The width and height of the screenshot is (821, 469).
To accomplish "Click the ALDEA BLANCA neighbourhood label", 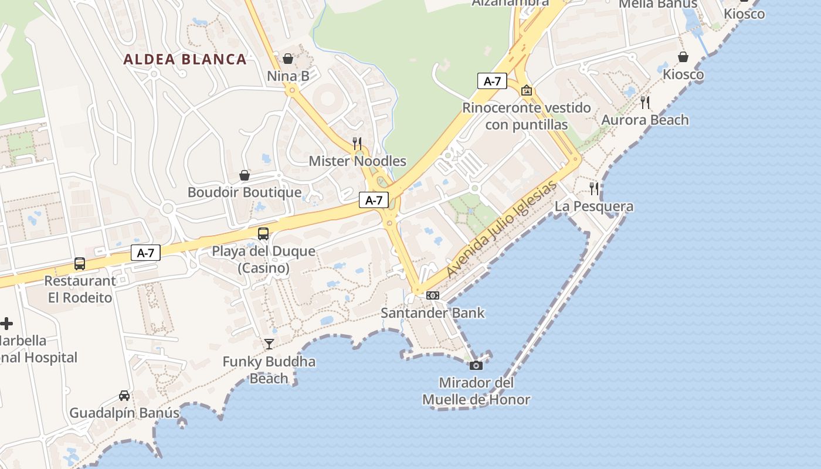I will tap(185, 59).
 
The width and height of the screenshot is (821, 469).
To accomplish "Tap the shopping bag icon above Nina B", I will tap(288, 59).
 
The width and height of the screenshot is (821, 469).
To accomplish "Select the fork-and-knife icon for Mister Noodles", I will tap(357, 143).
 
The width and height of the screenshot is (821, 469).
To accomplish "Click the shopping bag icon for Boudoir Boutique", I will tap(245, 175).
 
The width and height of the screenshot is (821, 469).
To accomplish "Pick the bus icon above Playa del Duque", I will tap(263, 234).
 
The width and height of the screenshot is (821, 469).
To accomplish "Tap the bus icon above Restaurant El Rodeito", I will tap(80, 264).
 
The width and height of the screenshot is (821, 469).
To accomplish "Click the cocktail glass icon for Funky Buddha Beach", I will tap(269, 344).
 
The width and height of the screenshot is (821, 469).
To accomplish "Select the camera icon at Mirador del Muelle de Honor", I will tap(476, 366).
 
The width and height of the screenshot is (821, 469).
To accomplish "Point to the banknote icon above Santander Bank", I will tap(433, 295).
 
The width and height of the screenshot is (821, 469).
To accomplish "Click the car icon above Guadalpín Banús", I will tap(124, 396).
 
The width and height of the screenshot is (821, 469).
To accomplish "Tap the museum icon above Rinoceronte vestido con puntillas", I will tap(527, 90).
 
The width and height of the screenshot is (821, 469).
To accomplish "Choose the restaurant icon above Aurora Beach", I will tap(645, 103).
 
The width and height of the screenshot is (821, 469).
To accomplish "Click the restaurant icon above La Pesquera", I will tap(594, 189).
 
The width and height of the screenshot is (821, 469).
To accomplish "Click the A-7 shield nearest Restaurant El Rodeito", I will tap(145, 253).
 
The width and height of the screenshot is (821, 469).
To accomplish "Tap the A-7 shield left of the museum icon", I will tap(491, 81).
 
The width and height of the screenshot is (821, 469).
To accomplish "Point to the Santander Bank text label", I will tap(433, 312).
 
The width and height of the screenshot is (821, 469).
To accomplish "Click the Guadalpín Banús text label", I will tap(124, 413).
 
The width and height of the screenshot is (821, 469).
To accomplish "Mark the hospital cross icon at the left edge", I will tap(6, 324).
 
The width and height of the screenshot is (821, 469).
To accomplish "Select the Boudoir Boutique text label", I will tap(245, 192).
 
